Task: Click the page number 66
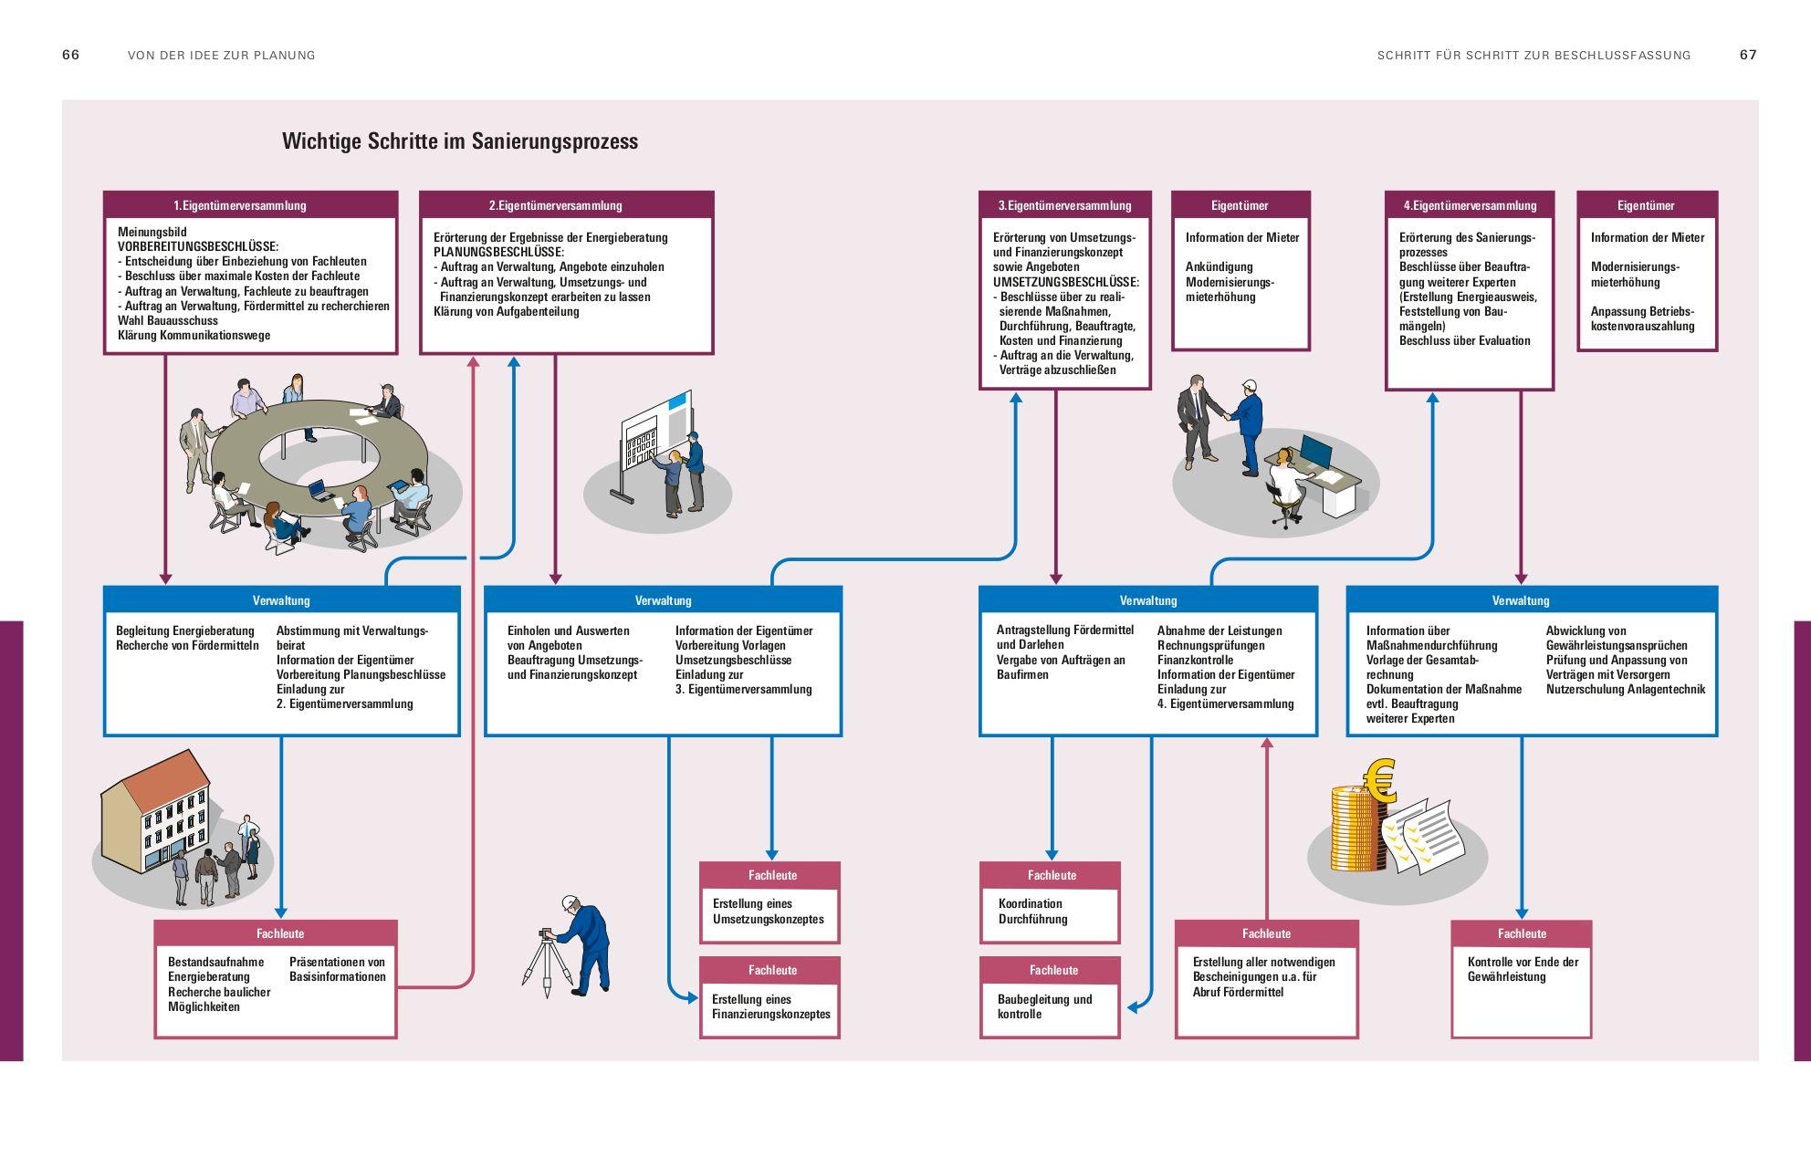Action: [70, 55]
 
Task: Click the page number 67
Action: [1747, 55]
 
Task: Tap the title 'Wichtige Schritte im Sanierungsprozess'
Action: [459, 141]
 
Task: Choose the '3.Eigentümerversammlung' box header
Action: [1064, 205]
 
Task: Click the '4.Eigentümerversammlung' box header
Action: [1469, 205]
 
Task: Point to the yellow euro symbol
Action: [1380, 780]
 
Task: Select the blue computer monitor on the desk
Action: [1315, 451]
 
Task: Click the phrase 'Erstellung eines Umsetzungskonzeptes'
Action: [768, 912]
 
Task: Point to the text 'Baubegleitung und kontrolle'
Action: [1044, 1006]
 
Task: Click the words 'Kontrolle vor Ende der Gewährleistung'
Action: [1522, 969]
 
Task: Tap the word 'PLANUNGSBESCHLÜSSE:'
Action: [498, 252]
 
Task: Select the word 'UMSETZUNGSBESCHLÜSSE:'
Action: [1065, 282]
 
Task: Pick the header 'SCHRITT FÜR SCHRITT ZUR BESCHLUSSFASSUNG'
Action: [1534, 56]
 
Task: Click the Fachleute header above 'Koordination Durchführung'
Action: [1051, 875]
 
